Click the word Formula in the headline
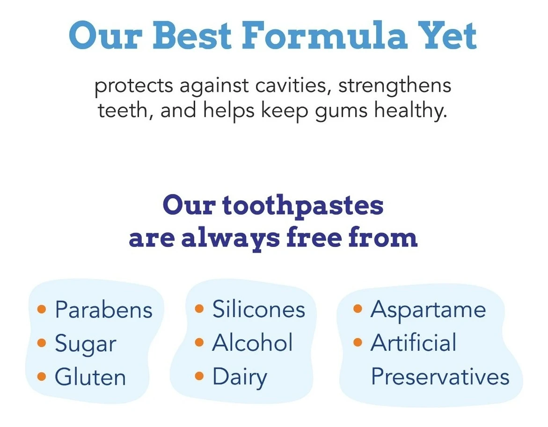(324, 35)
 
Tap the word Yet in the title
(448, 35)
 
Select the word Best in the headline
(192, 35)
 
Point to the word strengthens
(395, 86)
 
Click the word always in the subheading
(231, 239)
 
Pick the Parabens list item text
(104, 310)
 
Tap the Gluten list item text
(90, 377)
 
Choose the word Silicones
(259, 309)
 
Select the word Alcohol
(252, 342)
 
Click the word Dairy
(240, 378)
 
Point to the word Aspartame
(428, 310)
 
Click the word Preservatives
(440, 376)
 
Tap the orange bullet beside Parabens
(42, 309)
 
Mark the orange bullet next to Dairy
(199, 376)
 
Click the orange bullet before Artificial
(358, 342)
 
